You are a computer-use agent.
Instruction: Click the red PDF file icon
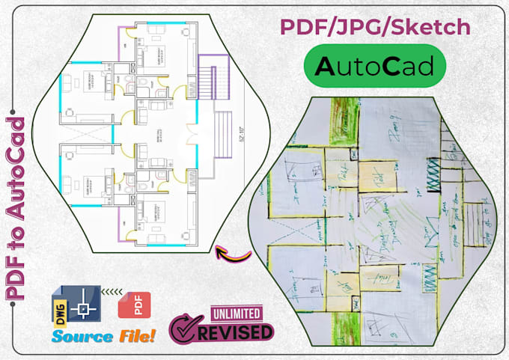click(134, 306)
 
